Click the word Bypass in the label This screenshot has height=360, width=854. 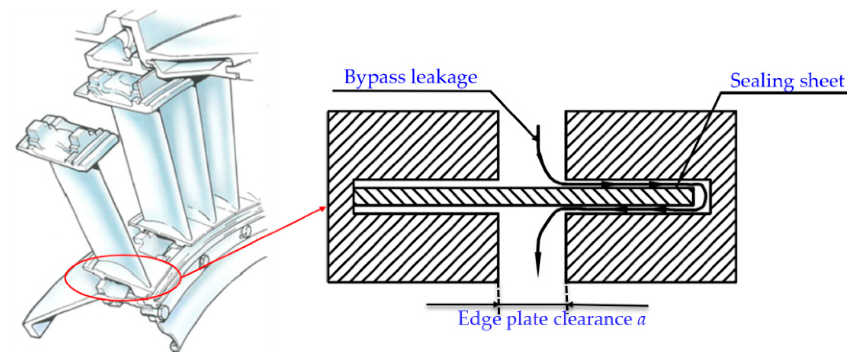coord(374,77)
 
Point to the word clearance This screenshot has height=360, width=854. coord(592,319)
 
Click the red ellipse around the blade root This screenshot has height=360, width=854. coord(67,279)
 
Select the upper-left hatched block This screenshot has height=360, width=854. coord(413,145)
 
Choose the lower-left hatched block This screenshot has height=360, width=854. coord(413,249)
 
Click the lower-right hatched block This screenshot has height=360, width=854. coord(651,249)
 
